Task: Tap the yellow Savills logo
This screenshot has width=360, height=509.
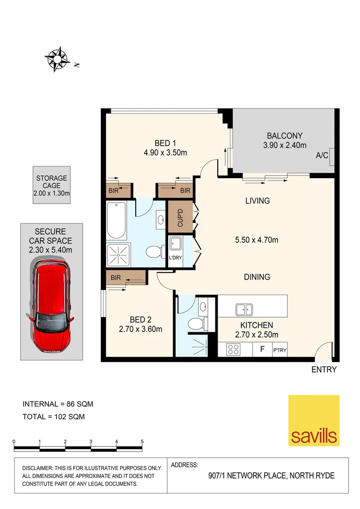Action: [313, 420]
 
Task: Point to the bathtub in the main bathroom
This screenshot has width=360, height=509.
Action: [116, 221]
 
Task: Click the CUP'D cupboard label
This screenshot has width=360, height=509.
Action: [180, 217]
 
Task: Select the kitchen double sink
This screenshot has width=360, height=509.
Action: [244, 310]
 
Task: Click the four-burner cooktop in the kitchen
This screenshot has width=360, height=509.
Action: [233, 349]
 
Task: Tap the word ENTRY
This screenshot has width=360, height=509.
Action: [324, 370]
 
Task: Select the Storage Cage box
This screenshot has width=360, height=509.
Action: [52, 185]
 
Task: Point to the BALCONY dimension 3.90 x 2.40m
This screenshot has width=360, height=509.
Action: [285, 145]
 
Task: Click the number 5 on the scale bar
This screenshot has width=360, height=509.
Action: [142, 442]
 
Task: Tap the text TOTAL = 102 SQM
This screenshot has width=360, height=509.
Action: [54, 416]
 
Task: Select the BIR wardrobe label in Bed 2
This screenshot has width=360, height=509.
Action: [116, 278]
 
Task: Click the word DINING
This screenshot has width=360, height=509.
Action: [257, 277]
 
